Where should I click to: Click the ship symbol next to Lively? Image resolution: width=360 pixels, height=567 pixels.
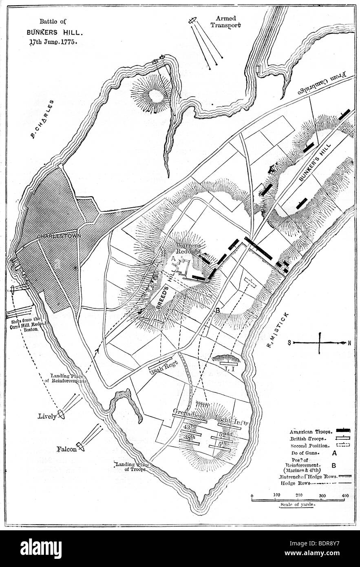62,414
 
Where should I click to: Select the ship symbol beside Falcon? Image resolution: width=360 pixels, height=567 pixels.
80,447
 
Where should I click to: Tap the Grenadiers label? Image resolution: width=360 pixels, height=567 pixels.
187,411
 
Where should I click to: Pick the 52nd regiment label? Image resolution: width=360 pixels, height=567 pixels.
225,434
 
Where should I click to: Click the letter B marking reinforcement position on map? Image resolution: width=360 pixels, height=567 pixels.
217,311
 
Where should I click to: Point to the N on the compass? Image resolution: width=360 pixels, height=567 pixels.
349,343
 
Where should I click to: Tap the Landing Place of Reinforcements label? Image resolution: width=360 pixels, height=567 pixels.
68,378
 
